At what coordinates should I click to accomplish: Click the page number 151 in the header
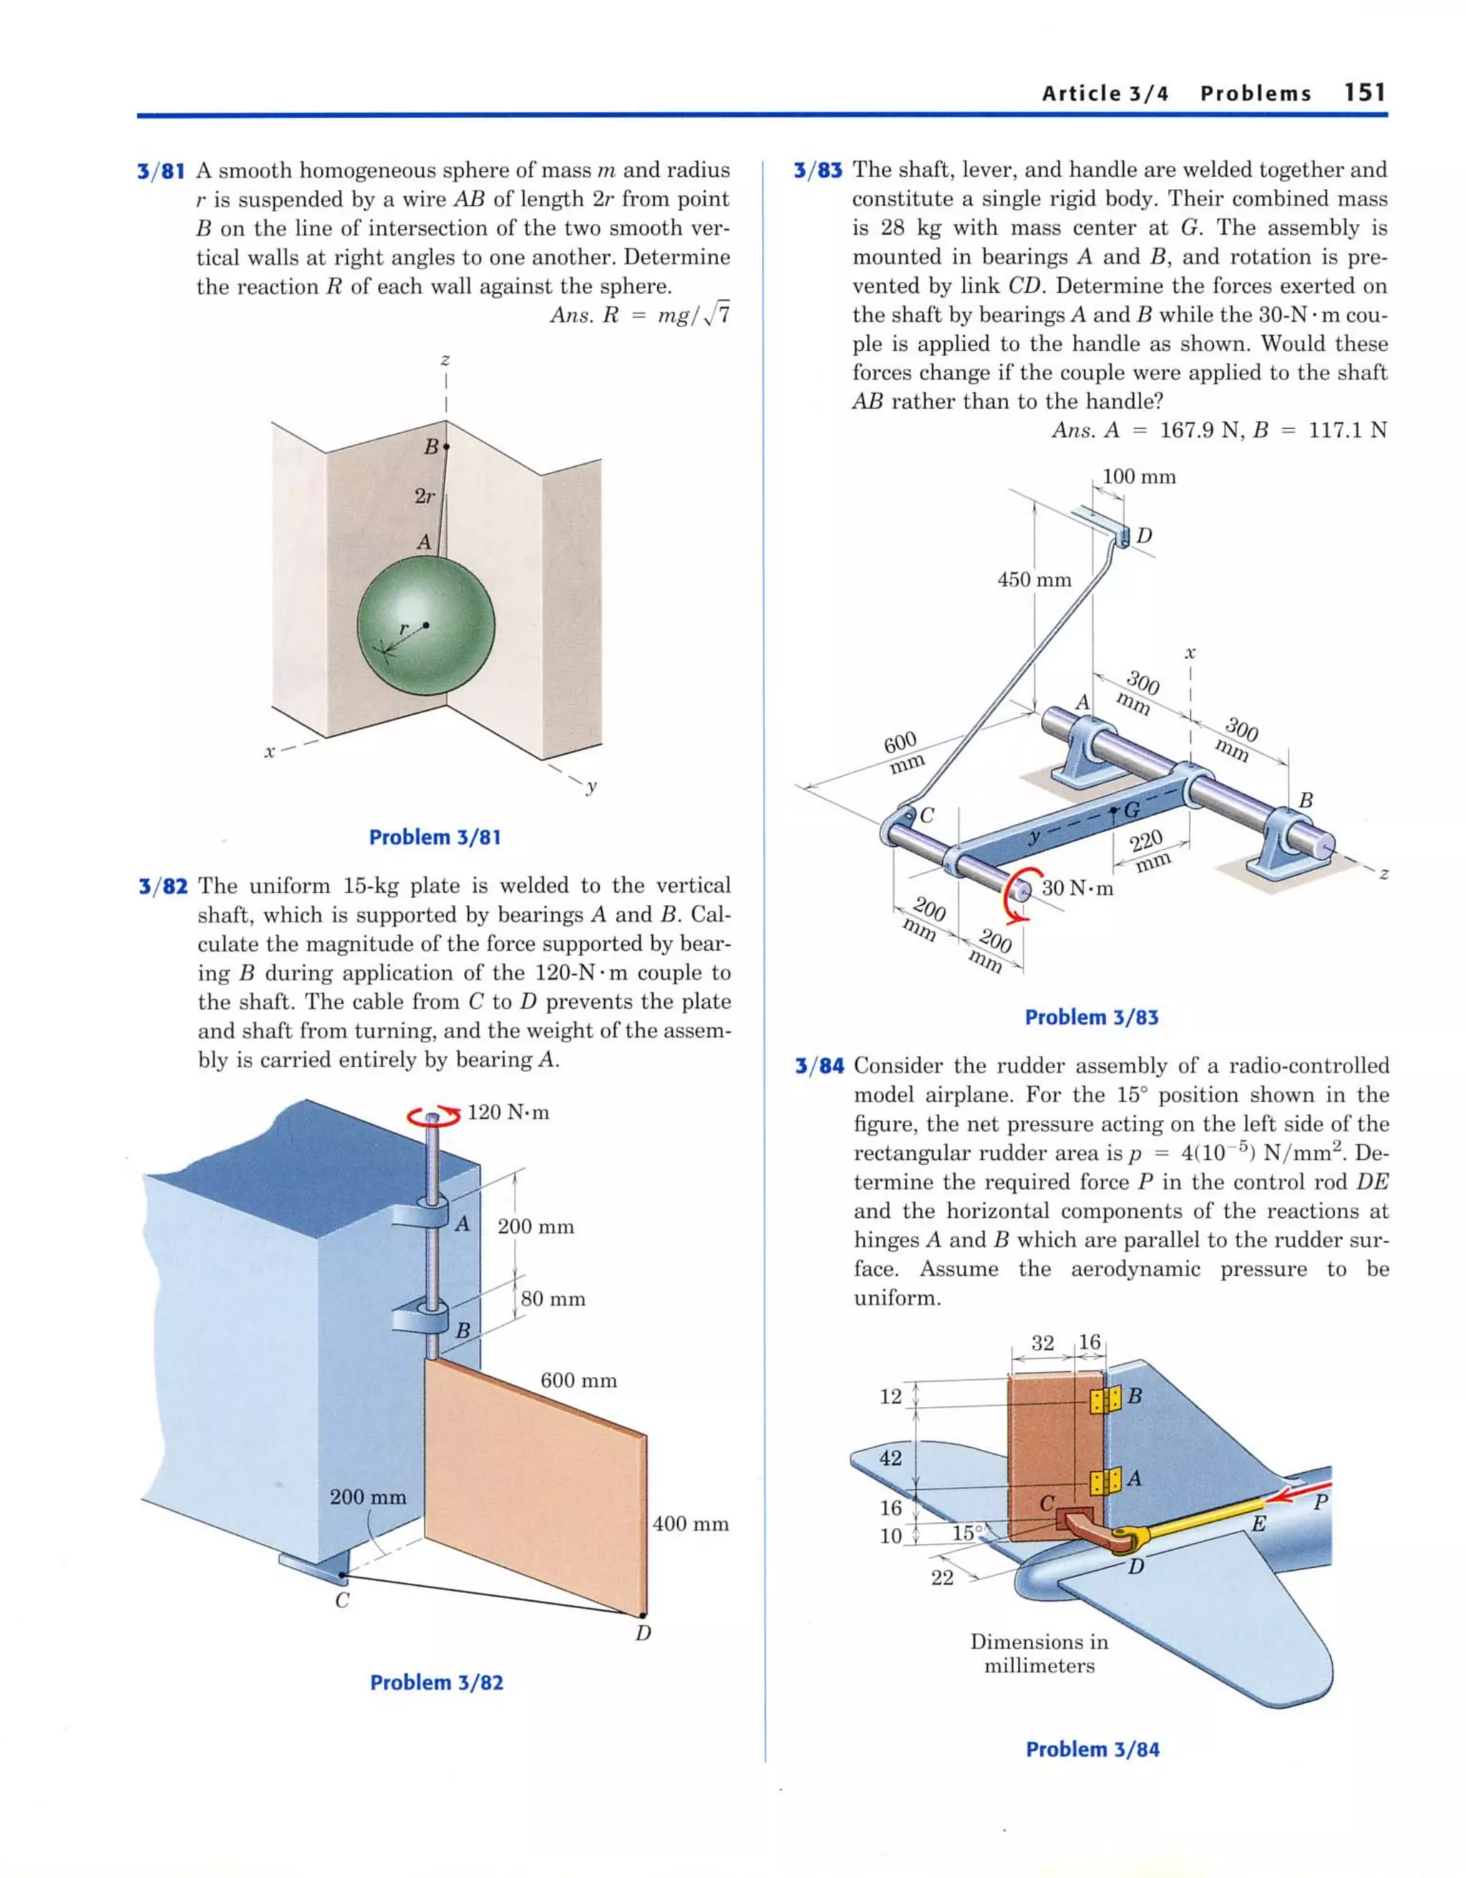[1364, 93]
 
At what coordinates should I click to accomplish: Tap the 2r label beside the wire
[424, 496]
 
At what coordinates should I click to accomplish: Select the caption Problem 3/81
[435, 837]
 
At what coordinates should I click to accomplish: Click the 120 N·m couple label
[508, 1112]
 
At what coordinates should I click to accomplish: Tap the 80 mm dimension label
[553, 1299]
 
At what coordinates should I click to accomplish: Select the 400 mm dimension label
[691, 1524]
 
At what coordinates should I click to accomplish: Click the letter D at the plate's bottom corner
[642, 1632]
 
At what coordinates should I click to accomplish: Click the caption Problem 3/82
[436, 1682]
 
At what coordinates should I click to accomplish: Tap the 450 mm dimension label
[1034, 579]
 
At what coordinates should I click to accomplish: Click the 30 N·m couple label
[1077, 889]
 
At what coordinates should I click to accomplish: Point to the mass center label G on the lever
[1132, 809]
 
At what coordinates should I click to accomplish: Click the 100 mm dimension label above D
[1138, 476]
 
